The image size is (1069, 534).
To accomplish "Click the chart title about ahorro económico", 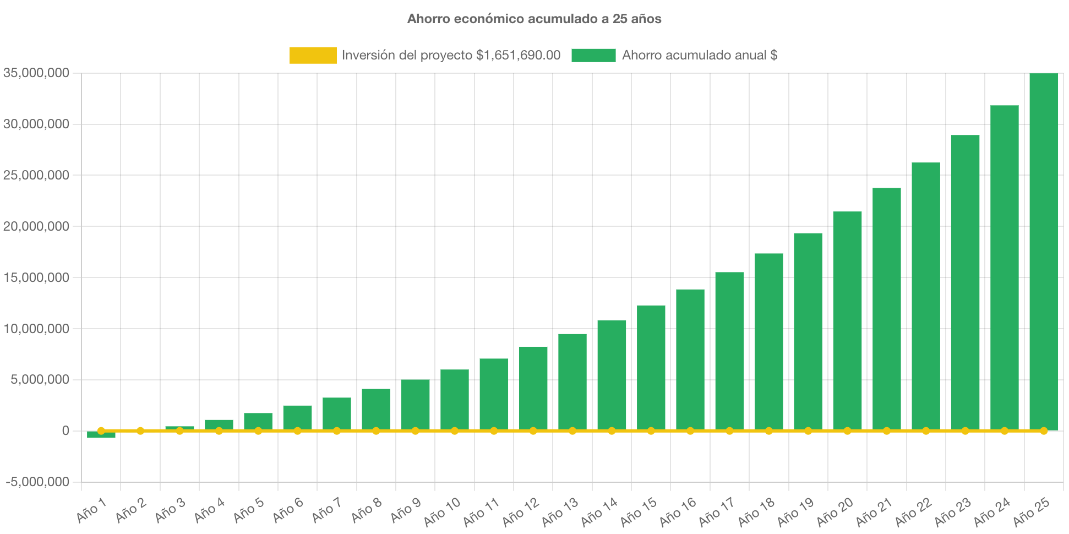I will coord(534,19).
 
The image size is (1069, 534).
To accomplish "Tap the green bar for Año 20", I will coord(847,319).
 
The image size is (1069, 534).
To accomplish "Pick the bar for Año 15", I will coord(651,367).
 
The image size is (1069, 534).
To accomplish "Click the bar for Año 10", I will coord(454,399).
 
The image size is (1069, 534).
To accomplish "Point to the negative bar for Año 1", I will coord(101,435).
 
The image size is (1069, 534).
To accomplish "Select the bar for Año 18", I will coord(768,341).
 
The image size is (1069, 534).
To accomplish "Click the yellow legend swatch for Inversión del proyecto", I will coord(313,55).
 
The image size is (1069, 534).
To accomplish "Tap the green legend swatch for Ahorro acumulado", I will coord(593,55).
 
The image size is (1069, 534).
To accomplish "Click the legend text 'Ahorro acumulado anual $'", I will coord(700,55).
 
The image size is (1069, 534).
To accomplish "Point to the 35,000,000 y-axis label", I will coord(36,73).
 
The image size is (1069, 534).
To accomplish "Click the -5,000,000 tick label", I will coord(37,482).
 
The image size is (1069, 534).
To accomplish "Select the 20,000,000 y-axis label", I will coord(36,226).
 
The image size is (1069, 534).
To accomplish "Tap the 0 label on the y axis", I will coord(66,431).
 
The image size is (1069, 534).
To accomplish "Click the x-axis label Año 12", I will coord(520,512).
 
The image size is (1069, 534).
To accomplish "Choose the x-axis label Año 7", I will coord(326,511).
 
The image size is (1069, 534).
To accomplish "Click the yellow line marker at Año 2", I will coord(140,431).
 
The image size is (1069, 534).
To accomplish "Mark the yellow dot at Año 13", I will coord(572,431).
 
